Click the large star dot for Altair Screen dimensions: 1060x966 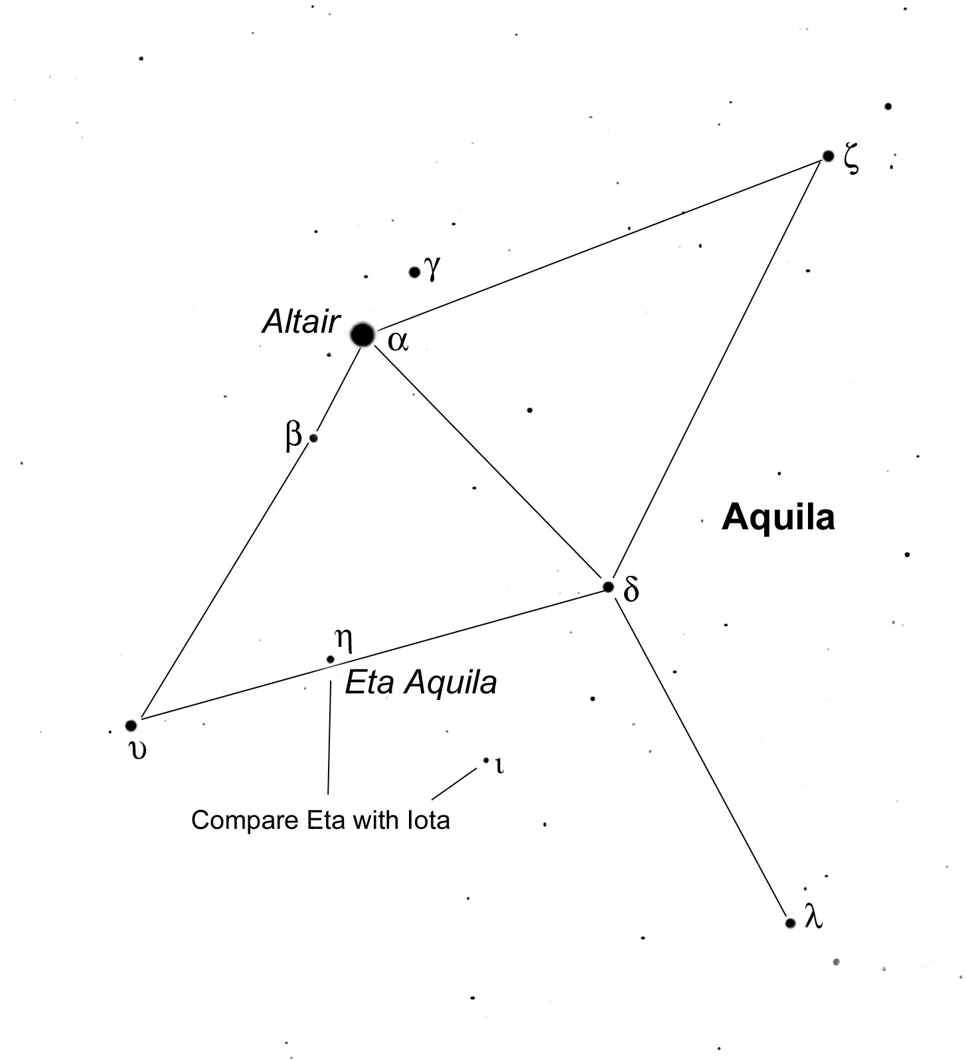362,335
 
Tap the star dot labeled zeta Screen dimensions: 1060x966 828,156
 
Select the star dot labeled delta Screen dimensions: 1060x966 608,586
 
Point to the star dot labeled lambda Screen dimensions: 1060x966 790,923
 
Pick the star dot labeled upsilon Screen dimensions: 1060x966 131,725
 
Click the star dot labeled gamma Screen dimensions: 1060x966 414,272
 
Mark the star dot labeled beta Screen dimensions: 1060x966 313,438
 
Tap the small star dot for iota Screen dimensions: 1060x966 486,760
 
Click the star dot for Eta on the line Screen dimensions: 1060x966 331,660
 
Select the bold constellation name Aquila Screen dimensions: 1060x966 778,517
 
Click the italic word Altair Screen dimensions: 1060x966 301,323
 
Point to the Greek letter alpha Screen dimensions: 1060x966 398,341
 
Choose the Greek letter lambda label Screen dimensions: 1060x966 813,917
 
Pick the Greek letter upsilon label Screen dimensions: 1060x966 137,751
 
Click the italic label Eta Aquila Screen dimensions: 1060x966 421,683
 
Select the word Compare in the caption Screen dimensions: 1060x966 245,821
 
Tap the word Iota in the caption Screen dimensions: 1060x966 428,820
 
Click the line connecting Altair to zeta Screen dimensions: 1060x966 598,244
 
